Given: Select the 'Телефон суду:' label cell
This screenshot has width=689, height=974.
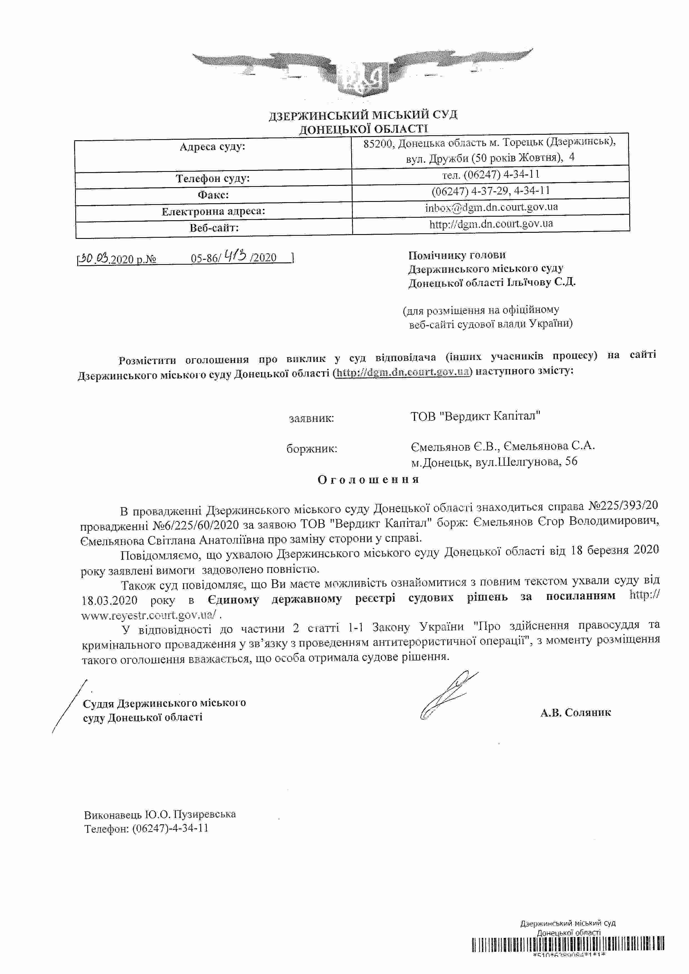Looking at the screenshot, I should (x=213, y=179).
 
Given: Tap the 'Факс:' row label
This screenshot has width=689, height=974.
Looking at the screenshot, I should (x=213, y=195).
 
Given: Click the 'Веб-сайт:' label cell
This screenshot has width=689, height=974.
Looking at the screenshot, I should (x=214, y=228).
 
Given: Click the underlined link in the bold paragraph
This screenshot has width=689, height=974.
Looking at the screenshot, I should (x=403, y=372).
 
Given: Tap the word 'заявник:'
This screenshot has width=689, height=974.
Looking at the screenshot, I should (x=311, y=418).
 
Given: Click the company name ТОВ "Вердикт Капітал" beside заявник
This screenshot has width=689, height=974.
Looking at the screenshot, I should (x=475, y=416).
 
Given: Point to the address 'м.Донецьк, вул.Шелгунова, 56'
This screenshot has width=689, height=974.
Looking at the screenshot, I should (x=494, y=462).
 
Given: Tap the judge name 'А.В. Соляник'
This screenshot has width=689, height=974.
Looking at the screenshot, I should (x=575, y=712).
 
